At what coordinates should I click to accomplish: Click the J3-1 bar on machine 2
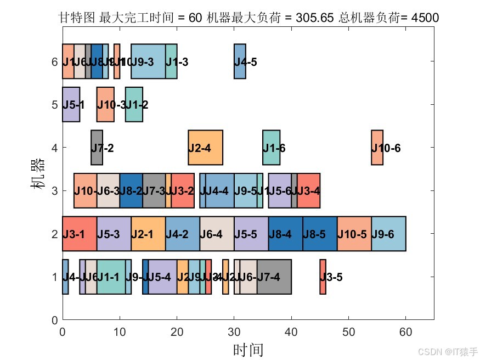pyautogui.click(x=79, y=234)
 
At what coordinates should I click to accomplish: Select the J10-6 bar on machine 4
pyautogui.click(x=377, y=148)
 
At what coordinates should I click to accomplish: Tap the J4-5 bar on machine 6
pyautogui.click(x=240, y=61)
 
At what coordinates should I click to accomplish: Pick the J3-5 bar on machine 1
pyautogui.click(x=323, y=277)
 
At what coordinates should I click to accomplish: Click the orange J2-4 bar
pyautogui.click(x=205, y=148)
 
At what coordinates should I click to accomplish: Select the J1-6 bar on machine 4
pyautogui.click(x=271, y=148)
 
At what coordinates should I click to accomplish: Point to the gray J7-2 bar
pyautogui.click(x=97, y=148)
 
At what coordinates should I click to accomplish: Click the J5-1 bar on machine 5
pyautogui.click(x=71, y=104)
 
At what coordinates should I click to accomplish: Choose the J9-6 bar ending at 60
pyautogui.click(x=388, y=234)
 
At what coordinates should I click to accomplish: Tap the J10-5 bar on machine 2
pyautogui.click(x=354, y=234)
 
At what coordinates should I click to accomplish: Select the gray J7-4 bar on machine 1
pyautogui.click(x=274, y=277)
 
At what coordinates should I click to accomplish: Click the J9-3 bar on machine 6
pyautogui.click(x=148, y=61)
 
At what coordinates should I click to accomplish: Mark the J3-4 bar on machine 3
pyautogui.click(x=308, y=190)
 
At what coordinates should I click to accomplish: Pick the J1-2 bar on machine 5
pyautogui.click(x=134, y=104)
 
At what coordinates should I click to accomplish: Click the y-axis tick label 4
pyautogui.click(x=54, y=148)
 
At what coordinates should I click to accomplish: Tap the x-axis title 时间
pyautogui.click(x=248, y=350)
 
